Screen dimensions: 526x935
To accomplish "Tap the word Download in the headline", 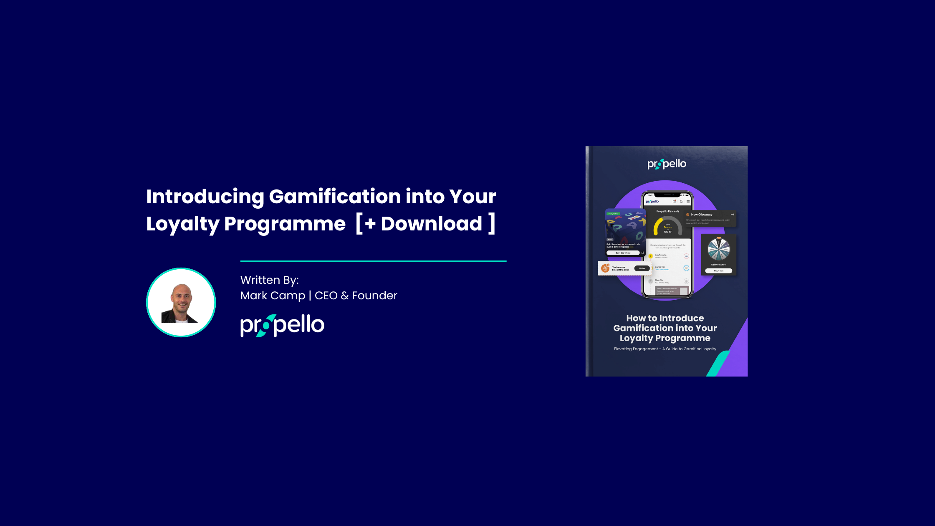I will click(431, 224).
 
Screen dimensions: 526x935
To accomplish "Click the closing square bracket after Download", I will click(492, 224).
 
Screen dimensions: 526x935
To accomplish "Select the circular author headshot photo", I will click(181, 302).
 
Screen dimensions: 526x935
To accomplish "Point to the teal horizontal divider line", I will click(373, 261).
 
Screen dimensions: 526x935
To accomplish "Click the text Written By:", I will click(269, 280).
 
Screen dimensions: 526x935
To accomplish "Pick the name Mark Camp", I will click(273, 296).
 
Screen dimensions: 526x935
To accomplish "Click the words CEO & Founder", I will click(356, 296).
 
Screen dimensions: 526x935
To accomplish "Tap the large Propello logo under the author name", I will click(282, 326).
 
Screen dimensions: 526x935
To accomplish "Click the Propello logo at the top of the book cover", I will click(667, 164).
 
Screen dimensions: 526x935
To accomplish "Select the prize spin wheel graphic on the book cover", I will click(718, 249).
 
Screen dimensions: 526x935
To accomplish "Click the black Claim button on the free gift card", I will click(642, 268).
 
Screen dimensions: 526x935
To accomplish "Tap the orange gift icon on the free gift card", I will click(605, 268).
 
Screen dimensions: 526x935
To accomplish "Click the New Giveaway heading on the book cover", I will click(702, 215).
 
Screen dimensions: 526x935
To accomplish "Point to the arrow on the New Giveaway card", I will click(732, 215).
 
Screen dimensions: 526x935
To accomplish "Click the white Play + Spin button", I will click(718, 271).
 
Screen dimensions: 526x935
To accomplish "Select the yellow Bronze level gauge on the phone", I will click(667, 225).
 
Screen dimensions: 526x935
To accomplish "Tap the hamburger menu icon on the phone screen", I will click(688, 202).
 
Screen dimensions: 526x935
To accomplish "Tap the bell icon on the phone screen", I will click(681, 202).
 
